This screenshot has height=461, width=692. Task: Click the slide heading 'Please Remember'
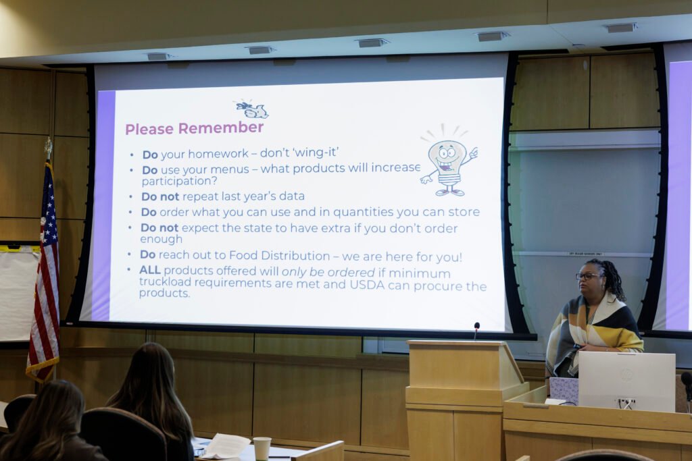195,128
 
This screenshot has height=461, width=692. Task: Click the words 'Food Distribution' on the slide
279,256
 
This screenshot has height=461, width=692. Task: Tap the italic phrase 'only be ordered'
328,272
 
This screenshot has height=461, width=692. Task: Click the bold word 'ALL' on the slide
150,270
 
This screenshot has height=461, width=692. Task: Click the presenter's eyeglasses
588,276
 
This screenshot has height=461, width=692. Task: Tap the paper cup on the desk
262,448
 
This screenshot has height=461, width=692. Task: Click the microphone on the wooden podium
476,330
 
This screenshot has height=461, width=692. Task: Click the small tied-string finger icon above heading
251,109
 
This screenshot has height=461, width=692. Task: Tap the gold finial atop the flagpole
48,148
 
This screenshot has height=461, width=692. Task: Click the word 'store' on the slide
464,212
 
